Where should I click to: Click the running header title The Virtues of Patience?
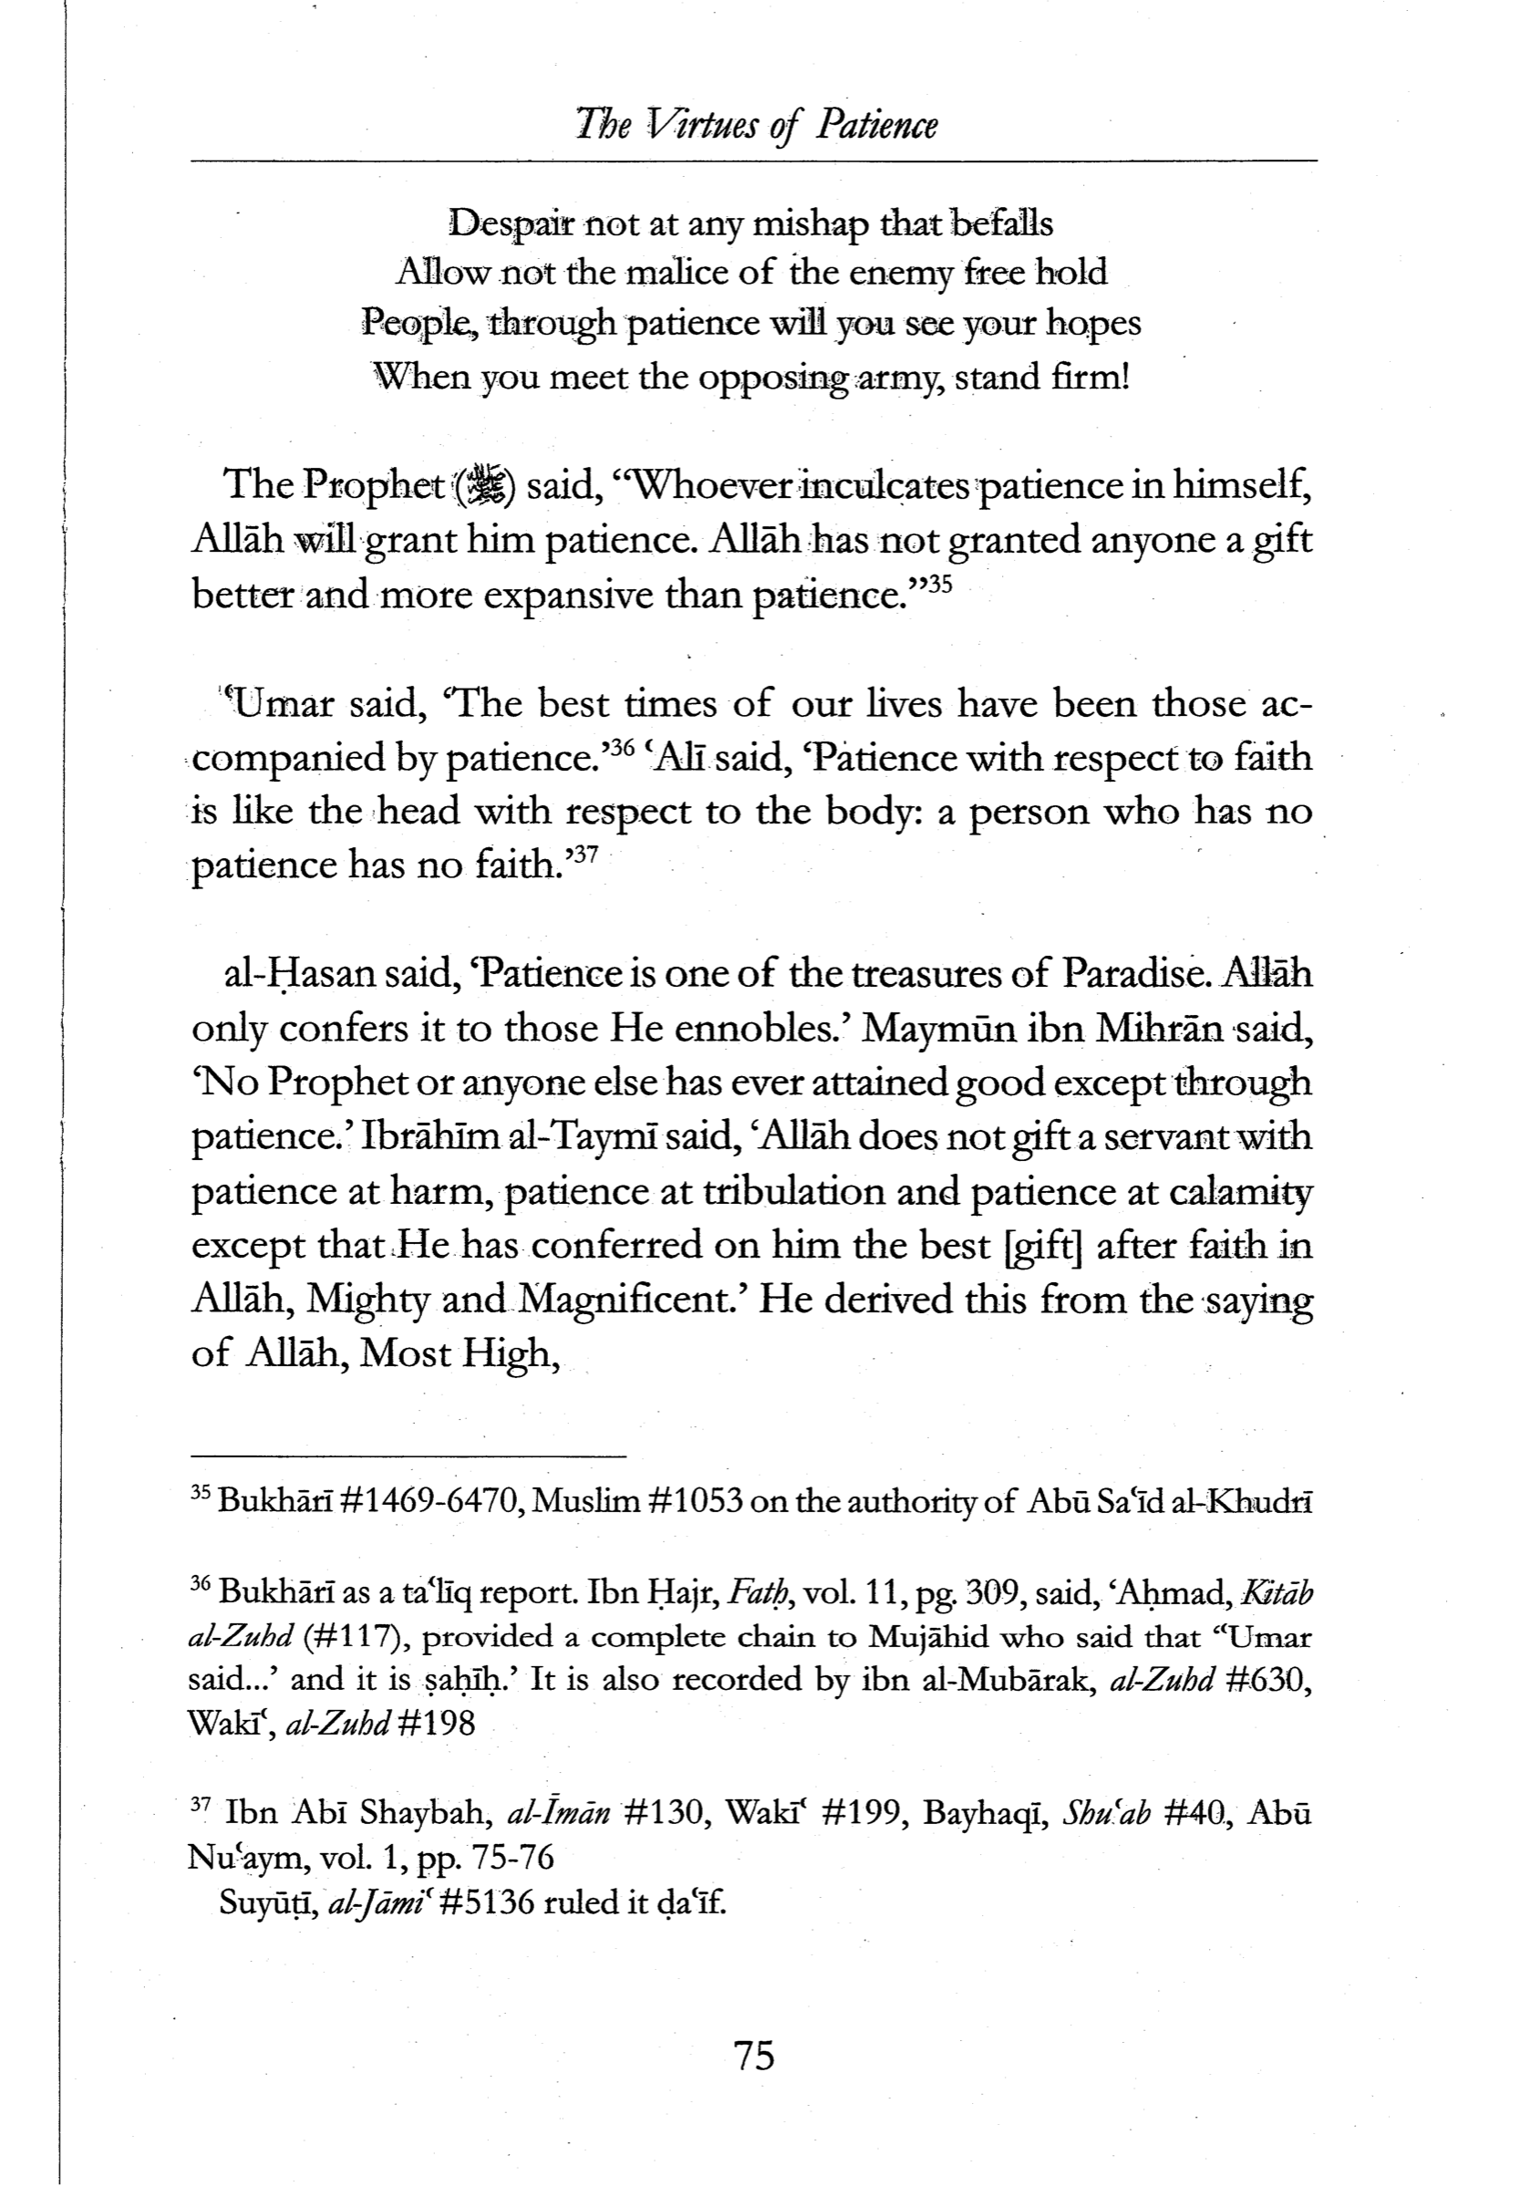756,124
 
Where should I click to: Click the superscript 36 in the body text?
622,747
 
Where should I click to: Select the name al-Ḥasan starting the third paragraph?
297,974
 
